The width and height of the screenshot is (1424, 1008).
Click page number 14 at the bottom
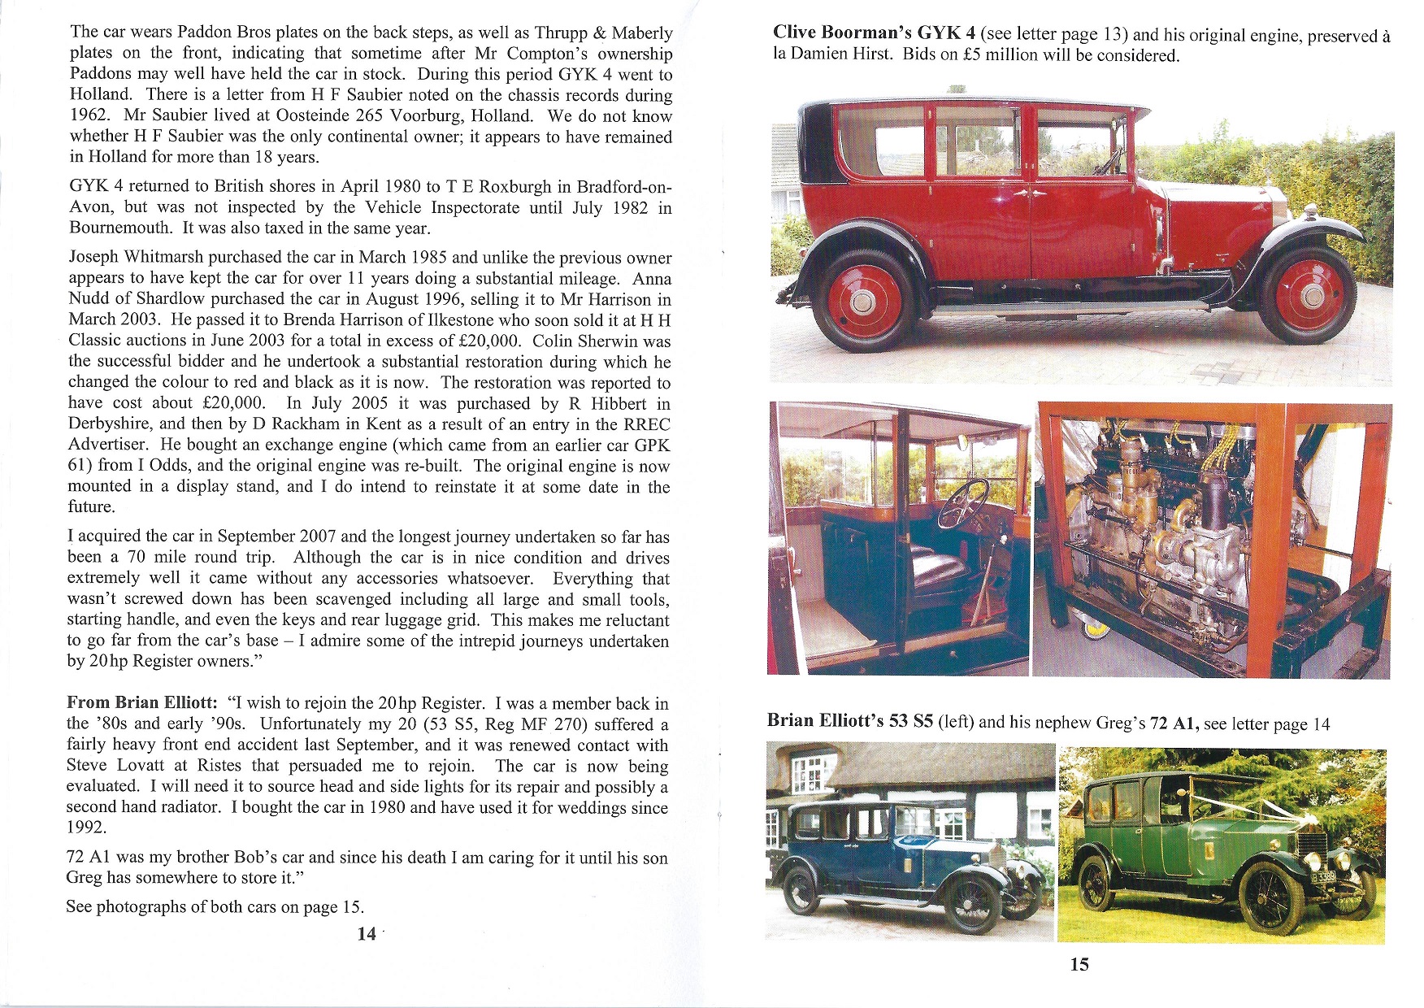367,933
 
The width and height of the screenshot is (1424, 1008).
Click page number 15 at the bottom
1079,964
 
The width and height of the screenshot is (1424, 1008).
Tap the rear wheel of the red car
863,302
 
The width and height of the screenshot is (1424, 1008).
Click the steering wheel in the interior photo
963,504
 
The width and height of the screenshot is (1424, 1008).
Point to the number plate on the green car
1324,877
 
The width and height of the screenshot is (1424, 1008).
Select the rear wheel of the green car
1096,883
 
